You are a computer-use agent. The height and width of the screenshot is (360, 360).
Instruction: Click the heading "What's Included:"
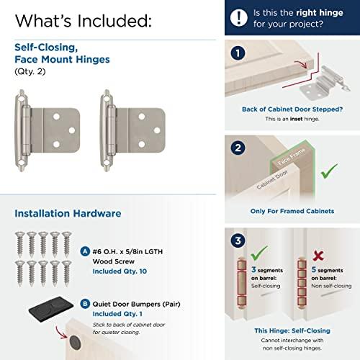[x=83, y=20]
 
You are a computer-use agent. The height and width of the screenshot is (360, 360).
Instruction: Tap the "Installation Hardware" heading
[x=68, y=213]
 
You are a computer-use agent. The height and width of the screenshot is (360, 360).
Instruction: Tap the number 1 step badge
[x=238, y=53]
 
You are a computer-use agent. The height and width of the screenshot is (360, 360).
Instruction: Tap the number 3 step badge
[x=238, y=240]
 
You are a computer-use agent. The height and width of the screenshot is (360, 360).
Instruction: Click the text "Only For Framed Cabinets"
[x=292, y=212]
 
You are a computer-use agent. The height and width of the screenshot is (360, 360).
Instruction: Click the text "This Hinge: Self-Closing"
[x=292, y=329]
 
